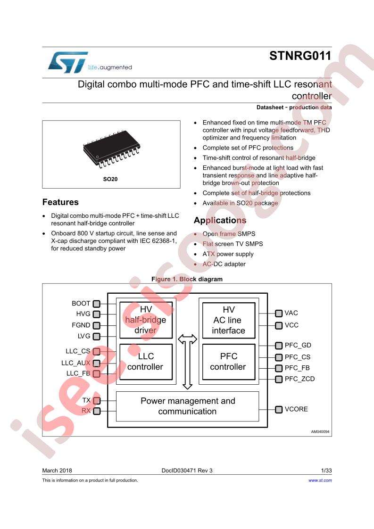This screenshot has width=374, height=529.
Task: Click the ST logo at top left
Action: (x=68, y=62)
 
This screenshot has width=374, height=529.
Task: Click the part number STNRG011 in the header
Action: (x=300, y=56)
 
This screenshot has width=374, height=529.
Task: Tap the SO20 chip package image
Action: (x=111, y=149)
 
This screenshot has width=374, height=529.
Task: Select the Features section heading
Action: (x=60, y=202)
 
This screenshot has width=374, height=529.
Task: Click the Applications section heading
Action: (x=220, y=220)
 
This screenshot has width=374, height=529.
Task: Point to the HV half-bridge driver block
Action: (x=146, y=320)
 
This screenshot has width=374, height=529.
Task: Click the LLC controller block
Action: (x=146, y=362)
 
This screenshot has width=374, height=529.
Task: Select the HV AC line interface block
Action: (x=229, y=320)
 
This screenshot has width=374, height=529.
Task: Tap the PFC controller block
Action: (x=229, y=362)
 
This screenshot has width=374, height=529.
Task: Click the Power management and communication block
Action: (x=187, y=406)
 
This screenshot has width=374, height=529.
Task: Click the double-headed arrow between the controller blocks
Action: (x=187, y=362)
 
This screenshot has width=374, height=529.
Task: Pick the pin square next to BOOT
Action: (x=97, y=304)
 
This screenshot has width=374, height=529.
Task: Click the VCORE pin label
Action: (x=296, y=409)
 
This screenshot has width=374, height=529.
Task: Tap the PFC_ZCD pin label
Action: (x=299, y=379)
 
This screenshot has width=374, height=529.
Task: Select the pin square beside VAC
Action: (x=278, y=314)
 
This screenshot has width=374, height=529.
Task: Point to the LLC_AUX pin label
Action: (x=76, y=363)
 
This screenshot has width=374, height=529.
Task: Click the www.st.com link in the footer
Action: (x=320, y=480)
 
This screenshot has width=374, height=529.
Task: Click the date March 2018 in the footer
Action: (x=57, y=471)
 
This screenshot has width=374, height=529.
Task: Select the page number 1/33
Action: (x=326, y=471)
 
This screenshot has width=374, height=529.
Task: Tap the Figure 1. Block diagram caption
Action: (x=187, y=279)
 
